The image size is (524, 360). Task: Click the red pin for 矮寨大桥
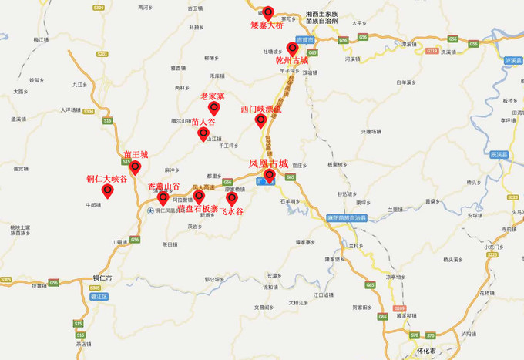point(268,12)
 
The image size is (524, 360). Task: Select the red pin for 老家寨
point(213,107)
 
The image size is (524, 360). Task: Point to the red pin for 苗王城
point(135,166)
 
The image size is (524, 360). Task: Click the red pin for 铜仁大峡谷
point(107,190)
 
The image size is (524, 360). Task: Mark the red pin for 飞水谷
point(232,198)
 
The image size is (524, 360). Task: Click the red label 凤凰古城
point(268,163)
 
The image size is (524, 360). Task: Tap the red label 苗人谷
point(203,122)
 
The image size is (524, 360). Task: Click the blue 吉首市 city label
point(306,39)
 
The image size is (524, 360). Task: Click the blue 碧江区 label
point(98,294)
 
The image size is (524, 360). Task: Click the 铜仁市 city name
point(102,278)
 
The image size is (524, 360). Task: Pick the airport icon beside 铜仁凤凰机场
point(150,210)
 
